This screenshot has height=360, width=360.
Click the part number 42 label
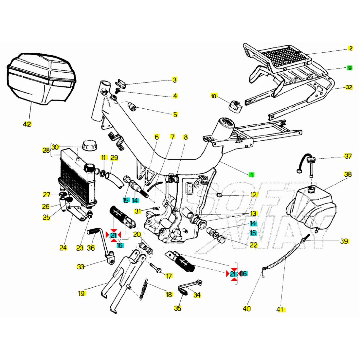coord(27,124)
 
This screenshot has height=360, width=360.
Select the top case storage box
coord(41,79)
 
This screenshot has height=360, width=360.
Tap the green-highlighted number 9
coord(350,68)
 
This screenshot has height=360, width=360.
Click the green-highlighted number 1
coord(252,175)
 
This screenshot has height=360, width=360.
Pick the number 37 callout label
coord(348,156)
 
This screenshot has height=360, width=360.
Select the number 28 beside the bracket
coord(46,151)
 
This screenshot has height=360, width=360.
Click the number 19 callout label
coord(81,294)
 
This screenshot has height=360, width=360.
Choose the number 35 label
coord(178,308)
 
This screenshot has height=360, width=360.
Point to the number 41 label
coord(280,309)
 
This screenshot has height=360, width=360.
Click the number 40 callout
coord(247,309)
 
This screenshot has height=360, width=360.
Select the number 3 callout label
coord(175,80)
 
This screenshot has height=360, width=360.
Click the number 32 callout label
coord(349,87)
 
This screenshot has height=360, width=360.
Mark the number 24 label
coord(63,248)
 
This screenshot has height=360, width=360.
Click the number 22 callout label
coord(253,244)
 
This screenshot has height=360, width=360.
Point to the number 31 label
coord(138,211)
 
